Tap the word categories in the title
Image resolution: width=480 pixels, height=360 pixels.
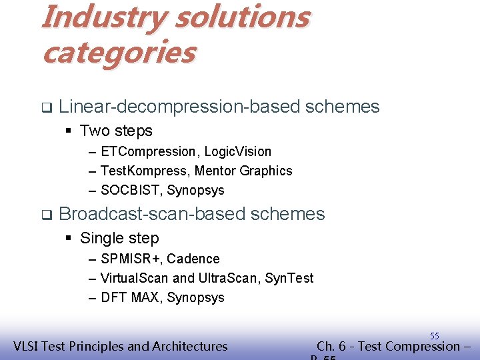[x=119, y=52]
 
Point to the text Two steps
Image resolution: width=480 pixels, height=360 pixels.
[x=116, y=131]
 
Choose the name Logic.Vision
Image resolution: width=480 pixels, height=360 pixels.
[x=238, y=152]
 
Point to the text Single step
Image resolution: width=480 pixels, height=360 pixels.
[x=119, y=238]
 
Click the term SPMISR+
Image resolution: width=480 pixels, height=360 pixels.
[x=130, y=259]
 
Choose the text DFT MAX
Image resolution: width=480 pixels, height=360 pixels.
[x=129, y=297]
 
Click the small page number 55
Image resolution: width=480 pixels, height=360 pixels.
[x=435, y=336]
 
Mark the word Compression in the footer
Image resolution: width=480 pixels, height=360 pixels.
[x=416, y=346]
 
